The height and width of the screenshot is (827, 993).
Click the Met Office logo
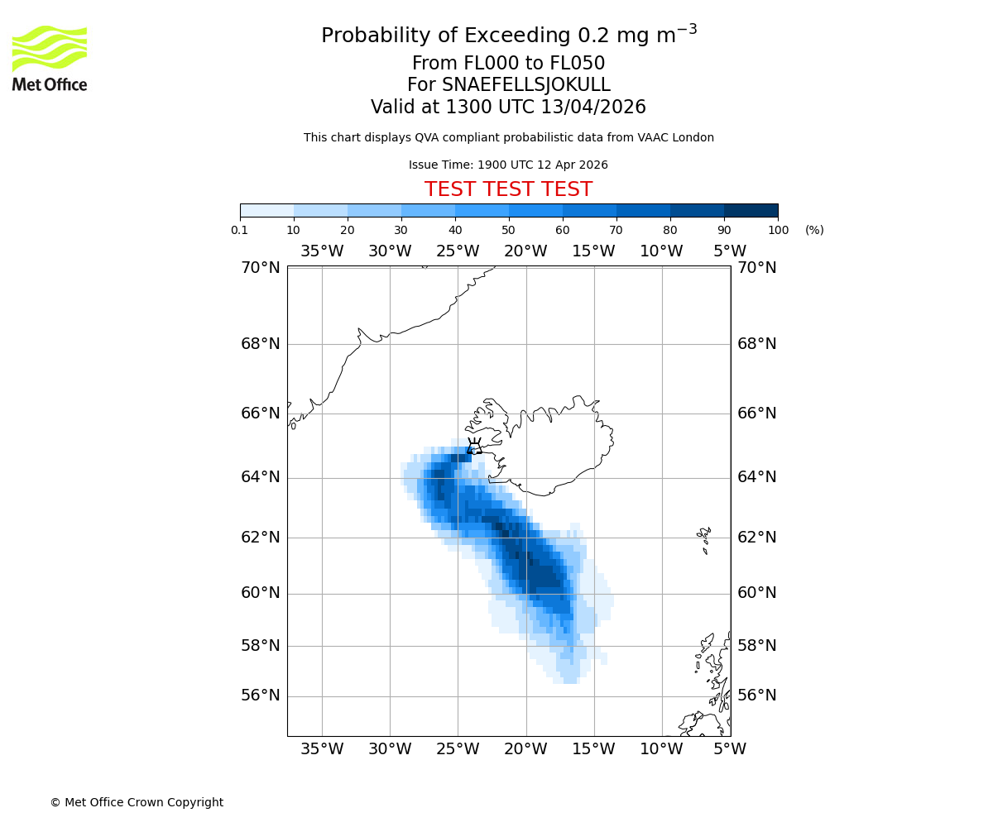tap(50, 58)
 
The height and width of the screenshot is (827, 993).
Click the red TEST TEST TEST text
tap(508, 189)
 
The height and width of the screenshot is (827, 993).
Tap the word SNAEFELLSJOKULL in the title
tap(526, 85)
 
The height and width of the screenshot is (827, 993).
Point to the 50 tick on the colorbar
tap(508, 230)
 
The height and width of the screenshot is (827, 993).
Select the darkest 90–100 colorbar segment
tap(751, 210)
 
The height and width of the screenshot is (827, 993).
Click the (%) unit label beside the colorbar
tap(814, 230)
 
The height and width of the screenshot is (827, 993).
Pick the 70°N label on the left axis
tap(261, 267)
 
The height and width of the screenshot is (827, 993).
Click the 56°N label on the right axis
tap(757, 696)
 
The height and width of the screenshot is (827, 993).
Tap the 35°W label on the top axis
tap(321, 251)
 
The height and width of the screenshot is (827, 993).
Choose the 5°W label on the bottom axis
tap(730, 749)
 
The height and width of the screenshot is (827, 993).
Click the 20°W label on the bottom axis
tap(525, 749)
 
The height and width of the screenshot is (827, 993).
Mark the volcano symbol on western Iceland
tap(475, 447)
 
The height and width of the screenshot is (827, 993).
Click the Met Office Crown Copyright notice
tap(137, 802)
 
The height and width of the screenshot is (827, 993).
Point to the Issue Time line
tap(508, 165)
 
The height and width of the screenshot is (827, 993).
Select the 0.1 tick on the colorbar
tap(240, 230)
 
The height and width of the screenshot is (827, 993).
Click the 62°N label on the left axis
tap(261, 538)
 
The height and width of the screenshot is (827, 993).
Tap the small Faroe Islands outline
tap(704, 538)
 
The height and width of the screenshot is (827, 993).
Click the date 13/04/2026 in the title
tap(593, 107)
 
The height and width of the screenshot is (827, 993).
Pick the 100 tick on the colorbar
tap(778, 230)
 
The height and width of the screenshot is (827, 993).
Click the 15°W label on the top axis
tap(593, 251)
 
